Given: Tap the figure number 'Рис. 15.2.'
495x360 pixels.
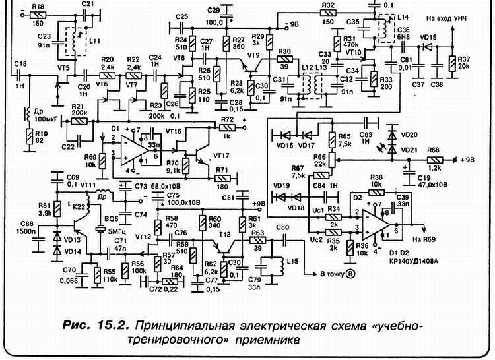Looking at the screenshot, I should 98,326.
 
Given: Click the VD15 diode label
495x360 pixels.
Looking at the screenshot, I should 428,38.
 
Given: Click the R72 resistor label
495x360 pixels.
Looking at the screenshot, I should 228,119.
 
